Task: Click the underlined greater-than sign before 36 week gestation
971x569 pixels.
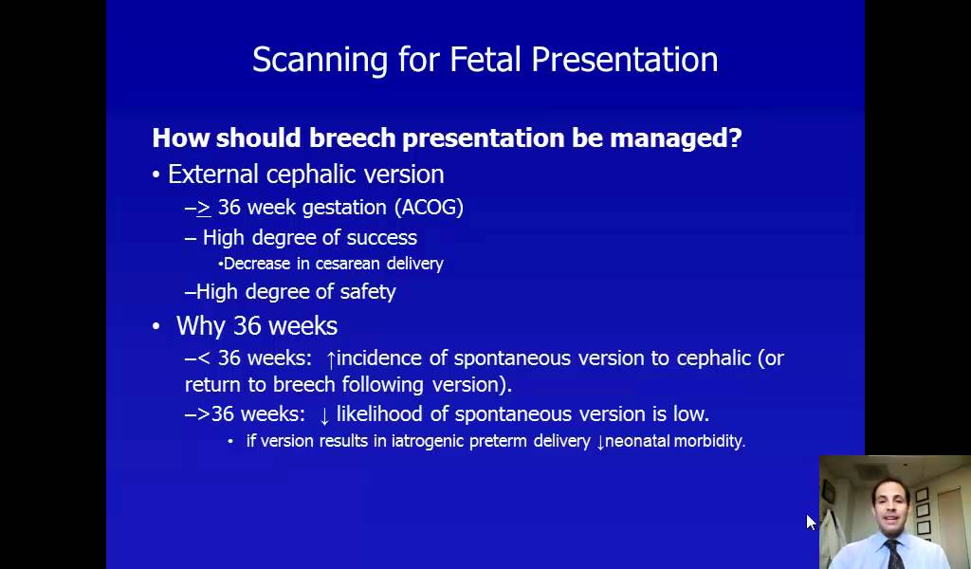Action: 204,208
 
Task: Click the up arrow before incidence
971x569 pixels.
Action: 331,359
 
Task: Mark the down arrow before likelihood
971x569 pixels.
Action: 324,415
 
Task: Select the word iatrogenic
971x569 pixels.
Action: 429,441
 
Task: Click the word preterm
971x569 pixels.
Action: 501,441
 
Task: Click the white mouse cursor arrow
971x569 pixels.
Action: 811,522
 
